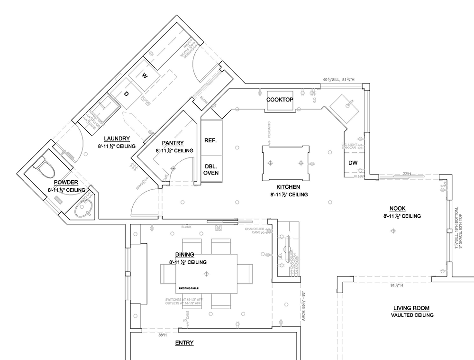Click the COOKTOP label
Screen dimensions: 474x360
(x=280, y=100)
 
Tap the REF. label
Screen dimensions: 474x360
(x=210, y=140)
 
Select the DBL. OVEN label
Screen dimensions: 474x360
(x=211, y=169)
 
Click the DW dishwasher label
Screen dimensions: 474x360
(x=353, y=163)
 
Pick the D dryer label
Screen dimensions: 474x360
(x=126, y=94)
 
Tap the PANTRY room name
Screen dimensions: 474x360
(x=173, y=142)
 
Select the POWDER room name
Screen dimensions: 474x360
(x=66, y=182)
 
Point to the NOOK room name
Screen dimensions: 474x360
(x=397, y=208)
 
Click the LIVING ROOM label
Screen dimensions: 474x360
(x=412, y=307)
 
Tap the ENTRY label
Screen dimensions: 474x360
(x=184, y=342)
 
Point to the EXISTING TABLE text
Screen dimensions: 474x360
(x=189, y=288)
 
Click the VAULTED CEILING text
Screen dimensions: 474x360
(x=412, y=315)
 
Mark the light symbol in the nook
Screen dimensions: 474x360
(x=392, y=231)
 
